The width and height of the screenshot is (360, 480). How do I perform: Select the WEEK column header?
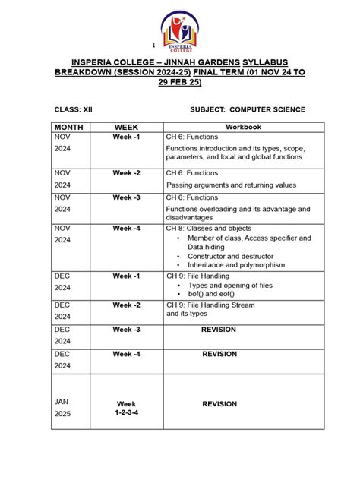point(126,127)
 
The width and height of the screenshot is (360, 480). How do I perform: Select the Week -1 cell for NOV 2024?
point(126,137)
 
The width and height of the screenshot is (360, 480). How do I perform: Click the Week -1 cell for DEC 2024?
point(126,276)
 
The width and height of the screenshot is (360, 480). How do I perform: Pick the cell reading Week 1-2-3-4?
point(126,409)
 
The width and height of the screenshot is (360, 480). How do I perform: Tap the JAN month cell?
point(62,400)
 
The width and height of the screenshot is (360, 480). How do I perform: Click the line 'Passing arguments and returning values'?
point(231,185)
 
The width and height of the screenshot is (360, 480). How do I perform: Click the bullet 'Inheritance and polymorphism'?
point(236,265)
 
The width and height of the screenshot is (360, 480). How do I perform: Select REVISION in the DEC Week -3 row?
point(219,330)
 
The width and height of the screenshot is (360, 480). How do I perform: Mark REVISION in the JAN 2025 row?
point(219,404)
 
